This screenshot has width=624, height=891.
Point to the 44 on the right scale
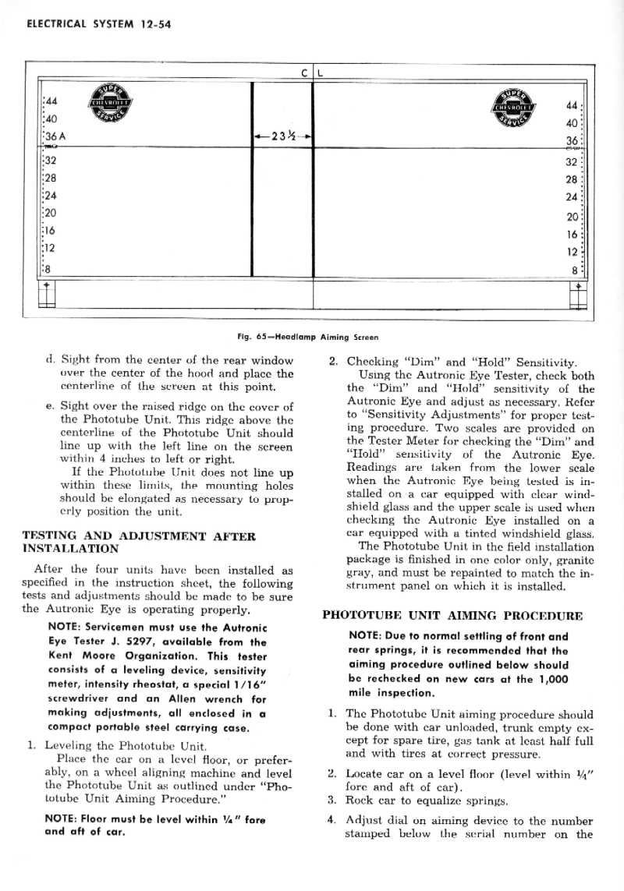coord(572,105)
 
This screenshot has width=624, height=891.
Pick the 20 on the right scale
coord(572,217)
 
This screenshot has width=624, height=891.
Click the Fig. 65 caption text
coord(307,338)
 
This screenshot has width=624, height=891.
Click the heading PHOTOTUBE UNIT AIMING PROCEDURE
coord(452,614)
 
